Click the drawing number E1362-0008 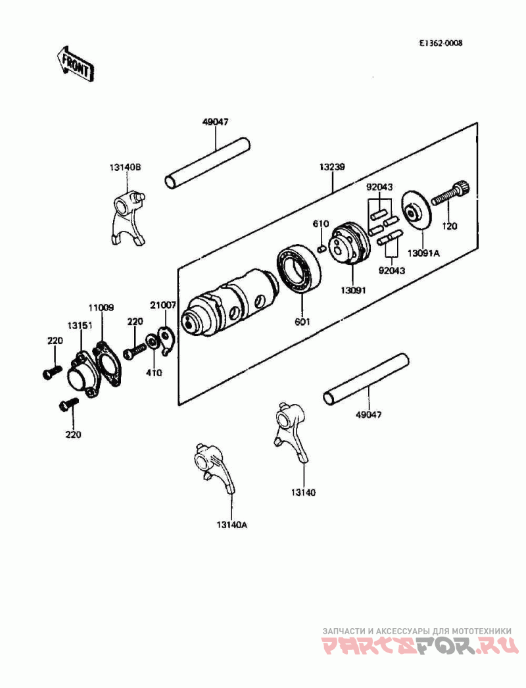click(440, 43)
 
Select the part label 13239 click(331, 167)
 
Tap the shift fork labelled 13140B click(127, 216)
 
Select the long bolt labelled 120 click(450, 193)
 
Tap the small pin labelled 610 click(321, 249)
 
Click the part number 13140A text click(231, 525)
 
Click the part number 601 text click(302, 322)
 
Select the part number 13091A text click(423, 254)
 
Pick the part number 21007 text click(163, 305)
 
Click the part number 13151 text click(80, 325)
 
